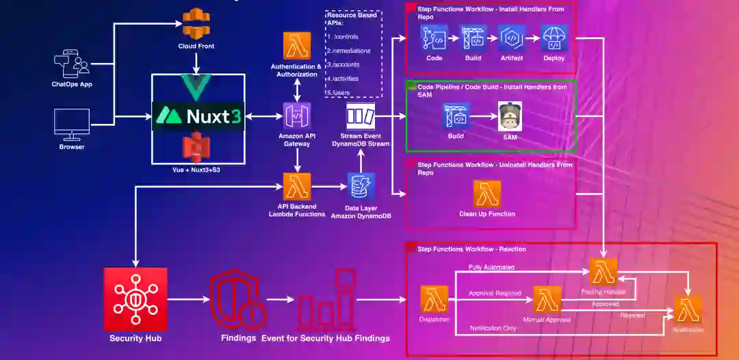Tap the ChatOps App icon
pos(72,64)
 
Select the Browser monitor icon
pos(72,123)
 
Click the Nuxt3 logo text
pos(197,116)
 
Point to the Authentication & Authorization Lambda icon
pos(297,46)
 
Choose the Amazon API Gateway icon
pos(297,116)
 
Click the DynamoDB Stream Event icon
pos(360,116)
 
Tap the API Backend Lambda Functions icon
pos(297,186)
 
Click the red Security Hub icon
pos(135,299)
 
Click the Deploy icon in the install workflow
pos(554,38)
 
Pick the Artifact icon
pos(511,38)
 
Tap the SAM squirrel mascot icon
pos(510,117)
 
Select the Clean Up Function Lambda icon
pos(487,194)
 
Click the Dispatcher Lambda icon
pos(435,299)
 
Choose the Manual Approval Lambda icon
pos(547,299)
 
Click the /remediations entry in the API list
pos(350,51)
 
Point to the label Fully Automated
pos(491,267)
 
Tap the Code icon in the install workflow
pos(435,38)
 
